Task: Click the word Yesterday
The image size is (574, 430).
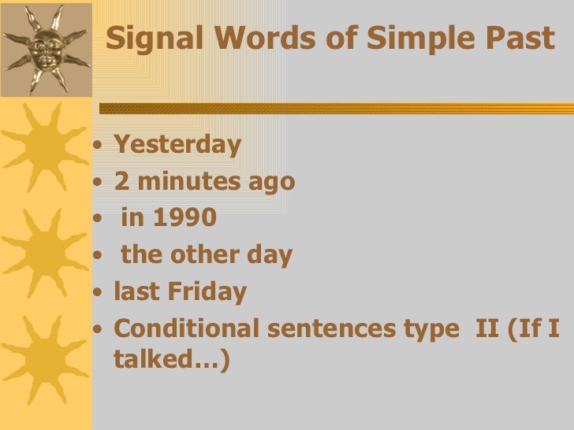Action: (x=177, y=145)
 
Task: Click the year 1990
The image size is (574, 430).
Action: (x=184, y=218)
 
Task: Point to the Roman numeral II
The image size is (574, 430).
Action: (x=488, y=328)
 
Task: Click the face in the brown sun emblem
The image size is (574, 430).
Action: (x=46, y=50)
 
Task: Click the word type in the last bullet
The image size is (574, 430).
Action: (x=427, y=330)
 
